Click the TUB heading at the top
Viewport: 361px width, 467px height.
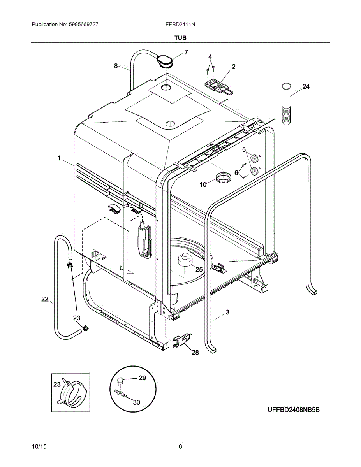[180, 38]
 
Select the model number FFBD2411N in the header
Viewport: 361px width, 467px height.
[180, 24]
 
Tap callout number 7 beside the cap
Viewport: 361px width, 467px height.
[186, 52]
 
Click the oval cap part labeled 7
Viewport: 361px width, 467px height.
[164, 60]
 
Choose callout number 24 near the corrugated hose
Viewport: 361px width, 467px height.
[306, 86]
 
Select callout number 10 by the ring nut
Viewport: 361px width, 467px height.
[203, 184]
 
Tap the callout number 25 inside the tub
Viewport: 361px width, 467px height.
[199, 269]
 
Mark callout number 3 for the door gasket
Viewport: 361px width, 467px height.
[227, 312]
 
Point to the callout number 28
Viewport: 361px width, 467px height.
[195, 352]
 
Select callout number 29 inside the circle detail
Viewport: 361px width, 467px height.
[142, 377]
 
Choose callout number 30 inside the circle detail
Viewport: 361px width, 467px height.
[136, 402]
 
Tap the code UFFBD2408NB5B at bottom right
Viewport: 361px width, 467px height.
[293, 410]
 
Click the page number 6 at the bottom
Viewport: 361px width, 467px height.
[180, 446]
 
